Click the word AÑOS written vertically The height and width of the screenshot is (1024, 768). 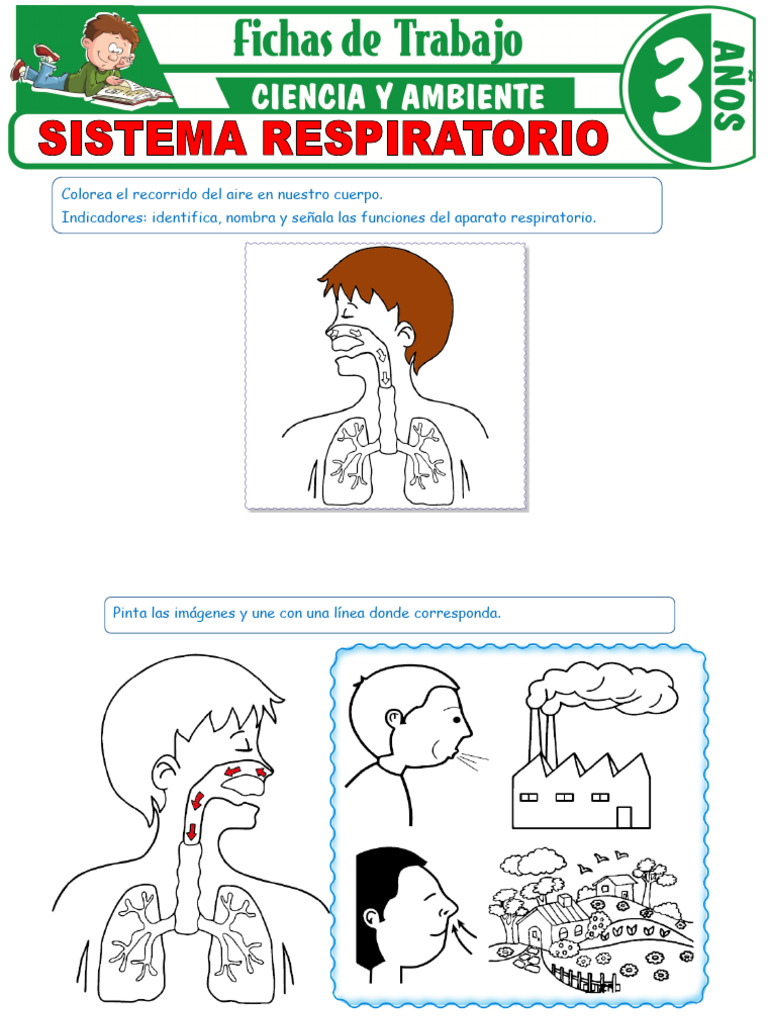click(729, 86)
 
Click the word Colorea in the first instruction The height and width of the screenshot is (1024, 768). click(88, 194)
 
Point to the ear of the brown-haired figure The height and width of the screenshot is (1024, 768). click(405, 333)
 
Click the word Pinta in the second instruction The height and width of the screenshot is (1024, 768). click(129, 613)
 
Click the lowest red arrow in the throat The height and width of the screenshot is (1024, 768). click(189, 832)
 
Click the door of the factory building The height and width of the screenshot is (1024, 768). click(624, 816)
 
